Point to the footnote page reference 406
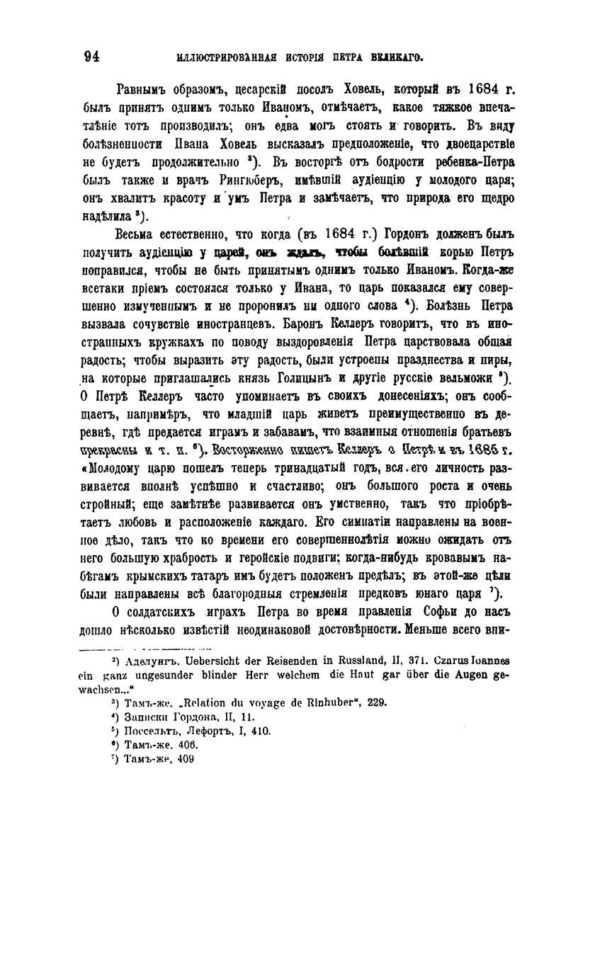click(189, 745)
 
